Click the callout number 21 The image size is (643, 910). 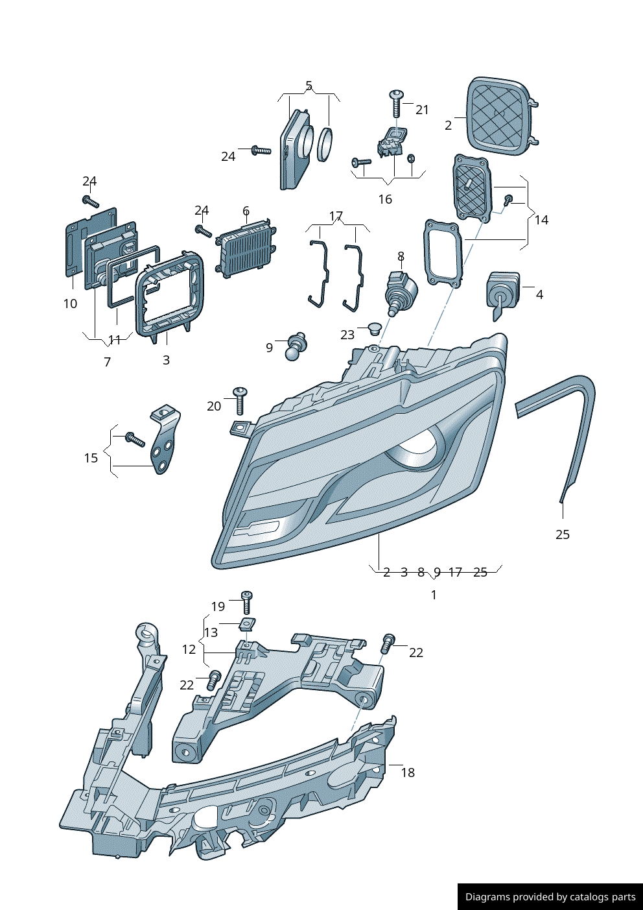(422, 110)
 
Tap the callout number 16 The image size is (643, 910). (385, 199)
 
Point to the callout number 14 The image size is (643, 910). (541, 220)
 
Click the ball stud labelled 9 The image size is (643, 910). (296, 346)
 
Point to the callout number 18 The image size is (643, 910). (408, 772)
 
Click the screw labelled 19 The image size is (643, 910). (246, 601)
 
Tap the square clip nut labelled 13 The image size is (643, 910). (246, 624)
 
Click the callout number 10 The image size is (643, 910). (70, 304)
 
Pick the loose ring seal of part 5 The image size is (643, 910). (325, 145)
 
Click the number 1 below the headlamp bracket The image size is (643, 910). (434, 595)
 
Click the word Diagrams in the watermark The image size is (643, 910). (487, 897)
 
